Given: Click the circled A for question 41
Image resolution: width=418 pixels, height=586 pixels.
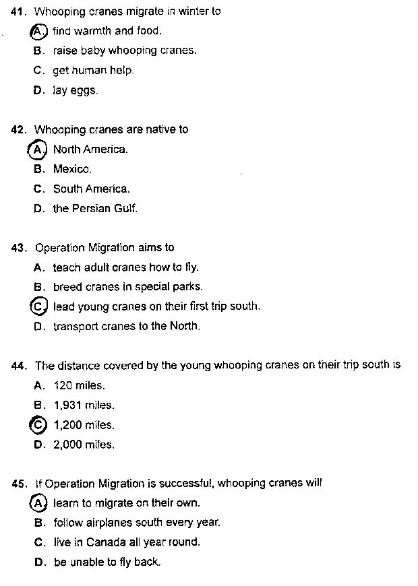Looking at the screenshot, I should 38,31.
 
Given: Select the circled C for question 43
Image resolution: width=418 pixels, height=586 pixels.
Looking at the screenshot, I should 38,306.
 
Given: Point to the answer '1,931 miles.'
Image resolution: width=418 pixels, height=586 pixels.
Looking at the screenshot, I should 84,405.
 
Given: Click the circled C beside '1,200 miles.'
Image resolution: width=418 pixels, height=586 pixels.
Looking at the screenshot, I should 38,425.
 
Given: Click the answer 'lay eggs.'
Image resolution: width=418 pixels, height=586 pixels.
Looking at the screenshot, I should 75,90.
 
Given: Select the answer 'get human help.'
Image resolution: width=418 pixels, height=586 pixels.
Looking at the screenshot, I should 93,70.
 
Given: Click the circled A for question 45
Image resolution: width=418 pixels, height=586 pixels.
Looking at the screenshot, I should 38,503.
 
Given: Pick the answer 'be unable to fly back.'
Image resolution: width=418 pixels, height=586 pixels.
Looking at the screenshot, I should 107,562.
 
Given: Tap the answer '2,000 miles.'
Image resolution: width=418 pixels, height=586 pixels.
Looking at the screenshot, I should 84,445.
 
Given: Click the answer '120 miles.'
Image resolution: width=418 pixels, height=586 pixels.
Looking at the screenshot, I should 79,386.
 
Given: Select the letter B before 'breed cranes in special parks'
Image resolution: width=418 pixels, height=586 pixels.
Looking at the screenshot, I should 38,287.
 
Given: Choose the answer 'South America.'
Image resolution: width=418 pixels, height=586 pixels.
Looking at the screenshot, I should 91,189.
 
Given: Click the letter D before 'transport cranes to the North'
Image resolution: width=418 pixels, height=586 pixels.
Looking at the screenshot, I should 38,327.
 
